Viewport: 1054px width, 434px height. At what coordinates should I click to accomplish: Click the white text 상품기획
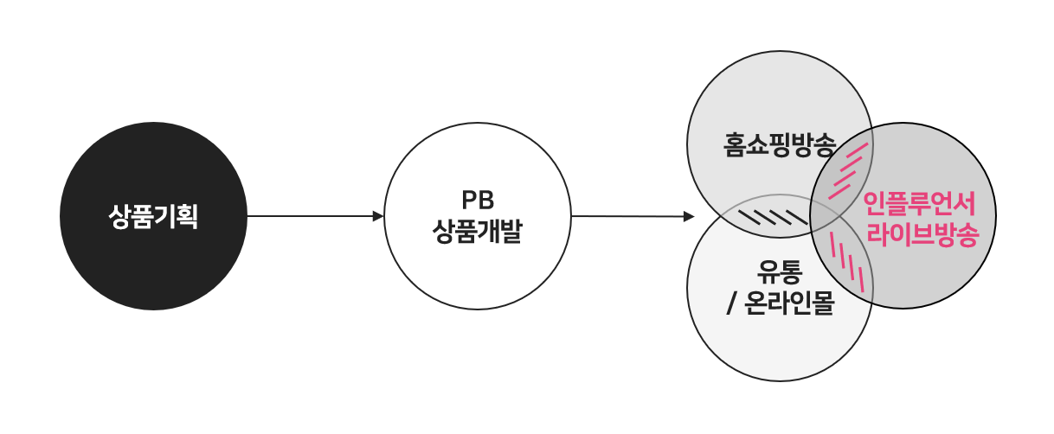[153, 216]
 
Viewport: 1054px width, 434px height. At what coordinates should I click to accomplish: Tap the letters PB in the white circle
[477, 201]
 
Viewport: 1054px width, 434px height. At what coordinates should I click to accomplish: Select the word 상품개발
[477, 232]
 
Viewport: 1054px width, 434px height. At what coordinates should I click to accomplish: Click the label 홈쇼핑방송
[780, 144]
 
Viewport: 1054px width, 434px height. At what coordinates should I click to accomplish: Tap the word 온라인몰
[789, 304]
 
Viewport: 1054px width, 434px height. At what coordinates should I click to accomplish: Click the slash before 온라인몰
[734, 305]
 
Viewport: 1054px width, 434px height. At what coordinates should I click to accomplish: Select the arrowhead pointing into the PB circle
[378, 216]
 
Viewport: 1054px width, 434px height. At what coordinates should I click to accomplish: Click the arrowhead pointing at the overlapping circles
[689, 216]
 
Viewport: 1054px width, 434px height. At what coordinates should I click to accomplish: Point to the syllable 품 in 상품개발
[466, 232]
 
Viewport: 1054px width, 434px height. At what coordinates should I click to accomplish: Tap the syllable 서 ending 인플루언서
[966, 204]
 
